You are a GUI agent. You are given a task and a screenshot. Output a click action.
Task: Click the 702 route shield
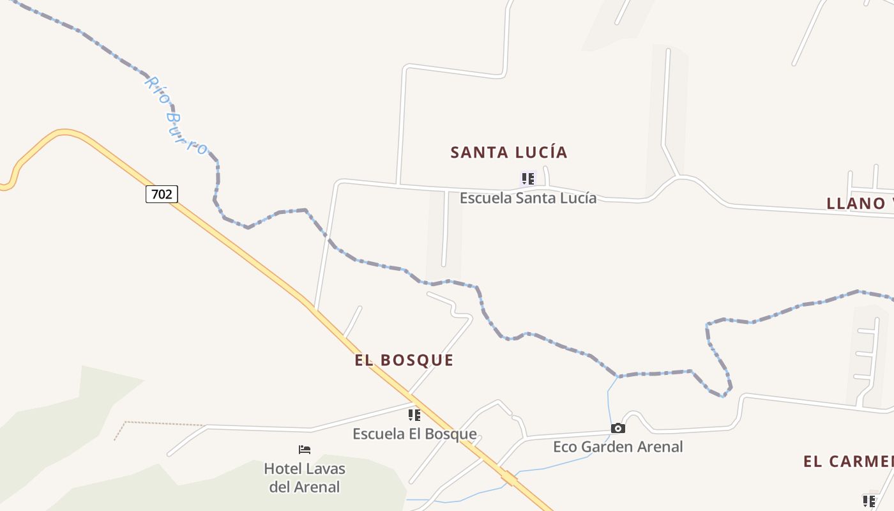pos(162,194)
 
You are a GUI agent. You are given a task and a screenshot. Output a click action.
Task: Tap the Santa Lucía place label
pos(509,153)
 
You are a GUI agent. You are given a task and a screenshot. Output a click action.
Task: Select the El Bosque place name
pos(404,360)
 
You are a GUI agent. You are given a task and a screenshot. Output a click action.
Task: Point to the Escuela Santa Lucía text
pos(528,198)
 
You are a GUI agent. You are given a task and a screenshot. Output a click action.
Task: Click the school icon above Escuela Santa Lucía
pos(527,179)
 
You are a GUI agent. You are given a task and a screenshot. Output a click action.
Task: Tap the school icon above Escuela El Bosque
pos(414,415)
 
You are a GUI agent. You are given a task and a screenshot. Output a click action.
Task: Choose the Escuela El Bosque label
pos(414,434)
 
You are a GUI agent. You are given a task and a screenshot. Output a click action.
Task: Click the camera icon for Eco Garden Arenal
pos(617,429)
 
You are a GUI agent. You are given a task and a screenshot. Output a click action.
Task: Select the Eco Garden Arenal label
pos(617,447)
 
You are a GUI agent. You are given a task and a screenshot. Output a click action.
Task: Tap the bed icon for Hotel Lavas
pos(305,450)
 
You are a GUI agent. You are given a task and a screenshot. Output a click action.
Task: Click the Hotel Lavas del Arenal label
pos(305,478)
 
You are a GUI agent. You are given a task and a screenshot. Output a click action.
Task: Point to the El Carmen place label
pos(848,462)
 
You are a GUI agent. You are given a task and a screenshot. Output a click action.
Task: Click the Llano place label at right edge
pos(860,204)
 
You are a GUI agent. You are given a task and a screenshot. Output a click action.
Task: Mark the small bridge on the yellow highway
pos(509,477)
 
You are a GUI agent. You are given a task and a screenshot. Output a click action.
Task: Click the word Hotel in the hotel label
pos(284,469)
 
